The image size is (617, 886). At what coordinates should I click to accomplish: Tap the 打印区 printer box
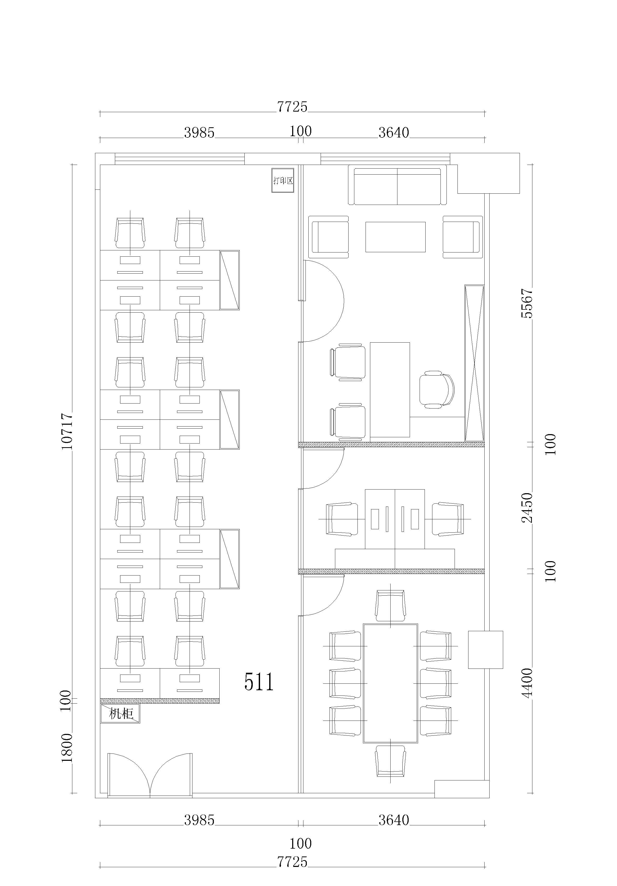coord(283,180)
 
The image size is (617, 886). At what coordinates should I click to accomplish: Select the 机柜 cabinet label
coord(120,714)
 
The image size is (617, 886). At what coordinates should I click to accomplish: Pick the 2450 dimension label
coord(527,508)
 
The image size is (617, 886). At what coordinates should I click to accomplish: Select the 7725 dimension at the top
coord(292,107)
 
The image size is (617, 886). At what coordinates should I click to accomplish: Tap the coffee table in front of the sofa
coord(395,237)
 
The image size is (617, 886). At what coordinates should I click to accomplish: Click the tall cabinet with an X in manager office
coord(474,363)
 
